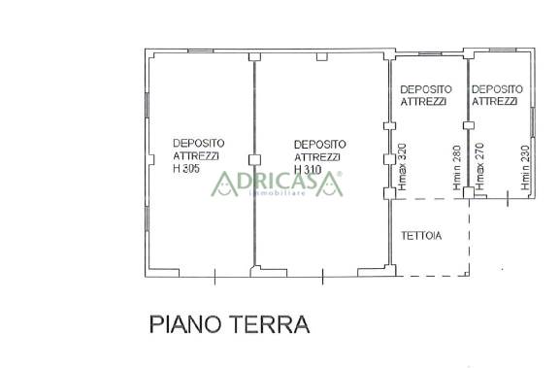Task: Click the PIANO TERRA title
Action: pyautogui.click(x=229, y=324)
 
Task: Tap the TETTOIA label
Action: pyautogui.click(x=421, y=236)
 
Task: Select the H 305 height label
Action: pyautogui.click(x=186, y=168)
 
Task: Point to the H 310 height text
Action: pyautogui.click(x=308, y=170)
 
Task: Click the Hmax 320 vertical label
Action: pyautogui.click(x=402, y=167)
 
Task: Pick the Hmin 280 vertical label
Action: pyautogui.click(x=457, y=168)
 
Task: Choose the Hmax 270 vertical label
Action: pyautogui.click(x=479, y=166)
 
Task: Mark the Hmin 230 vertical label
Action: pyautogui.click(x=525, y=168)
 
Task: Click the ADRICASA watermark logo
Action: pyautogui.click(x=277, y=184)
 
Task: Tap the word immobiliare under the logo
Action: pyautogui.click(x=278, y=193)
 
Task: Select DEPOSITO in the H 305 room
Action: pyautogui.click(x=199, y=143)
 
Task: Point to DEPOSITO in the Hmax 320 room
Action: pyautogui.click(x=426, y=89)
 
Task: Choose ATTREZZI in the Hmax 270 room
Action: pyautogui.click(x=495, y=102)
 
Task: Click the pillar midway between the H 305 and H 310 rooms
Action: pyautogui.click(x=254, y=159)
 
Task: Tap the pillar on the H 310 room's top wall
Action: pyautogui.click(x=322, y=56)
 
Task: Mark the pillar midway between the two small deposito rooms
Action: pyautogui.click(x=469, y=125)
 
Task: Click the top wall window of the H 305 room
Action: pyautogui.click(x=200, y=51)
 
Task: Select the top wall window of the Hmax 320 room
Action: pyautogui.click(x=430, y=54)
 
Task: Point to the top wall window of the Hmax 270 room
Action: pyautogui.click(x=503, y=50)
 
